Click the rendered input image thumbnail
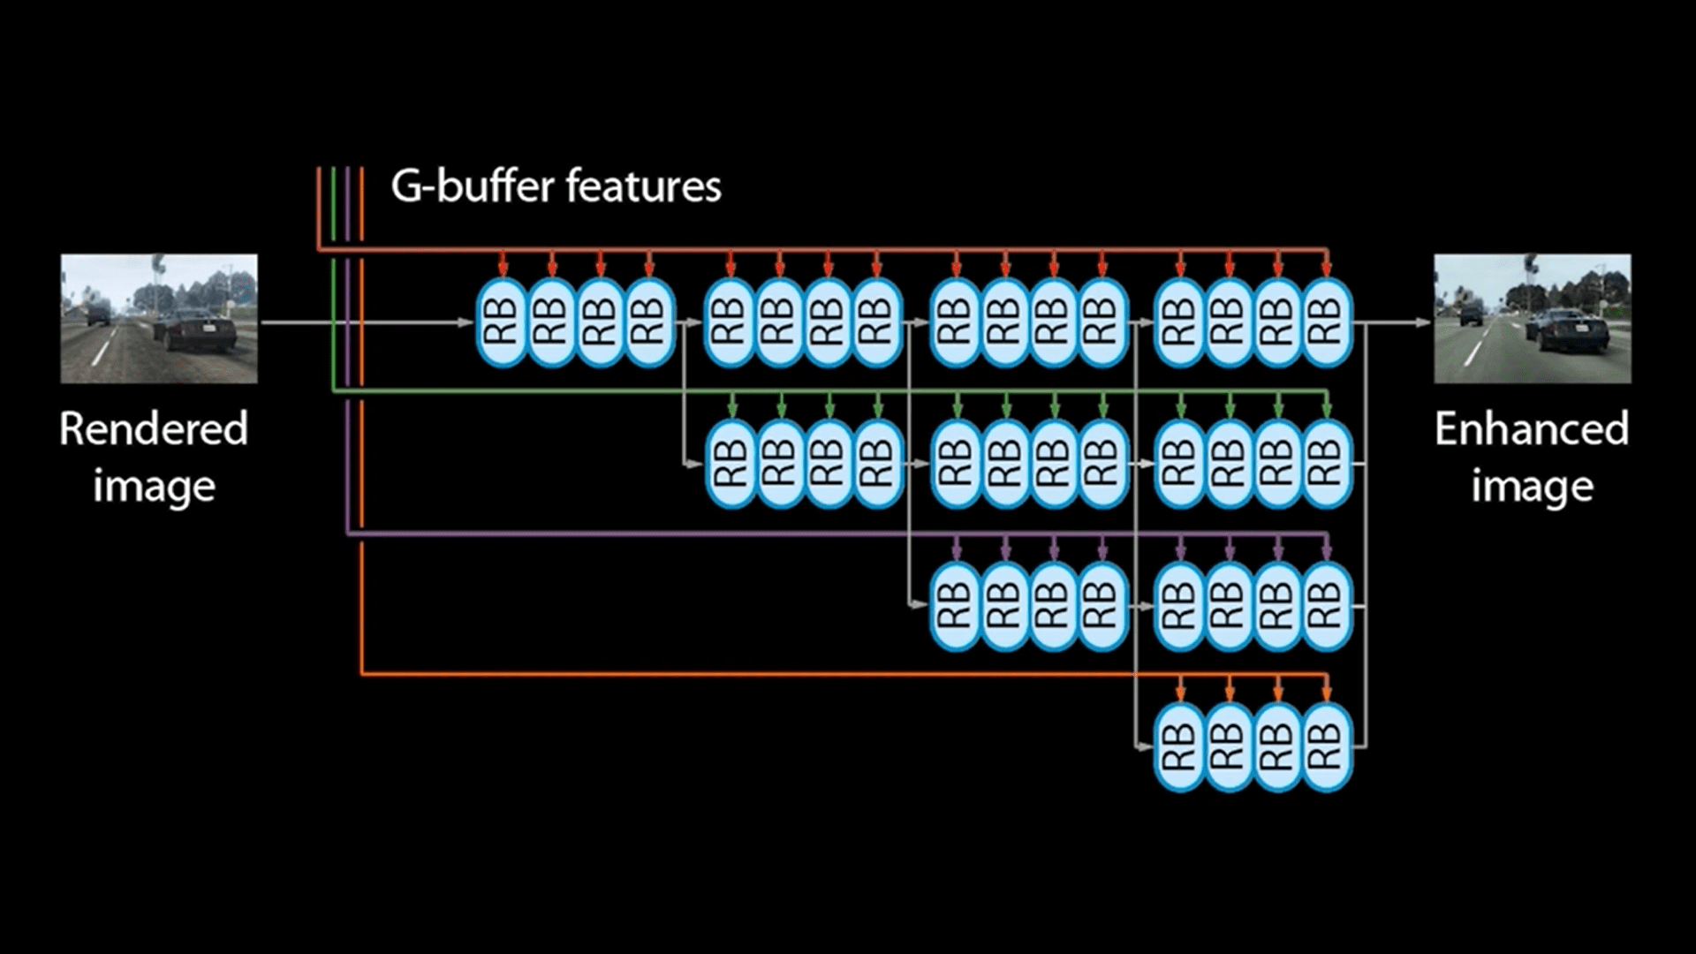tap(159, 318)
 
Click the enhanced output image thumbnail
tap(1532, 318)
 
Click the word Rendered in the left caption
tap(154, 429)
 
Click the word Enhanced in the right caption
tap(1532, 429)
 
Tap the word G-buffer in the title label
tap(473, 186)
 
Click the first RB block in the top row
tap(502, 322)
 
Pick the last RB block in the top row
tap(1326, 322)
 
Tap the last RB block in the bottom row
tap(1326, 747)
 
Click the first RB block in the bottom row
tap(1180, 747)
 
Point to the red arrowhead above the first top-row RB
tap(503, 269)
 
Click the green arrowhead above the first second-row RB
tap(731, 410)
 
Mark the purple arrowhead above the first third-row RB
tap(957, 552)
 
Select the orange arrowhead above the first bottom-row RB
tap(1181, 693)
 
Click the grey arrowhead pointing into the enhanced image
tap(1423, 322)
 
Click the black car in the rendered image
tap(197, 329)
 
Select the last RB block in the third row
tap(1326, 606)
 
